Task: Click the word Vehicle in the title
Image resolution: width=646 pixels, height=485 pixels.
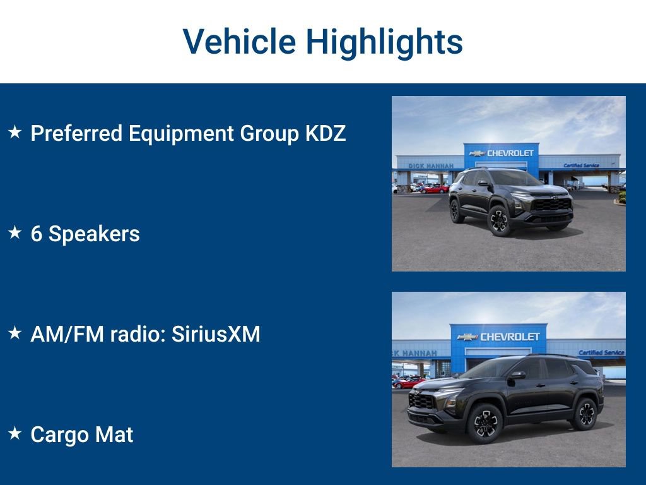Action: pos(239,42)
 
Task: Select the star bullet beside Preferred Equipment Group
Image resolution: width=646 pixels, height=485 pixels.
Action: pos(15,133)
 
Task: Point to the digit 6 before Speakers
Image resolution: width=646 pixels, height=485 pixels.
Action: pos(37,234)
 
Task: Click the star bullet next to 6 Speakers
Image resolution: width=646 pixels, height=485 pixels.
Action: pos(15,233)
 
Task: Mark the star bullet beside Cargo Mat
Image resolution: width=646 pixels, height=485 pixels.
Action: pos(15,434)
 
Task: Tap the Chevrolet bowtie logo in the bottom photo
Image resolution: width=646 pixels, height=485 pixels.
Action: pos(467,337)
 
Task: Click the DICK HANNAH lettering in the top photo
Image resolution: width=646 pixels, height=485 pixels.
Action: pos(431,166)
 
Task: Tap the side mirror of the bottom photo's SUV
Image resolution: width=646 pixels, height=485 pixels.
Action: pos(518,375)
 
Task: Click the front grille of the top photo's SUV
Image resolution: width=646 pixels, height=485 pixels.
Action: pos(551,205)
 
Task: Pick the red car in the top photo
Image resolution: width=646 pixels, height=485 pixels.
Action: pos(435,188)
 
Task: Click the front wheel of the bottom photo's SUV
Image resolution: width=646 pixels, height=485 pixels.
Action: pos(484,421)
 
